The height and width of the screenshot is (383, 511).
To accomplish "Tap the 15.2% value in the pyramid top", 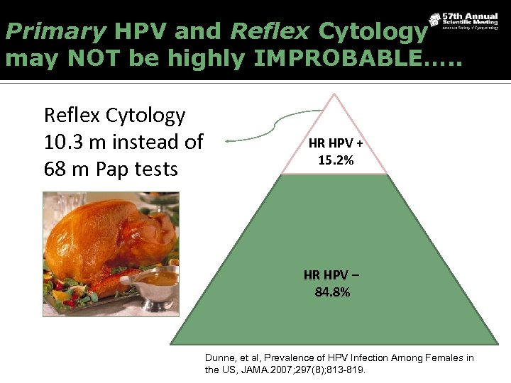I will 336,160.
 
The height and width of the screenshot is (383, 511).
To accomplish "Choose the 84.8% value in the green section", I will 332,291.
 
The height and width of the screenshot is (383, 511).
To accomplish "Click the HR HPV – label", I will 332,275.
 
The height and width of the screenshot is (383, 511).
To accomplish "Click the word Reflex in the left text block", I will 72,115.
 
